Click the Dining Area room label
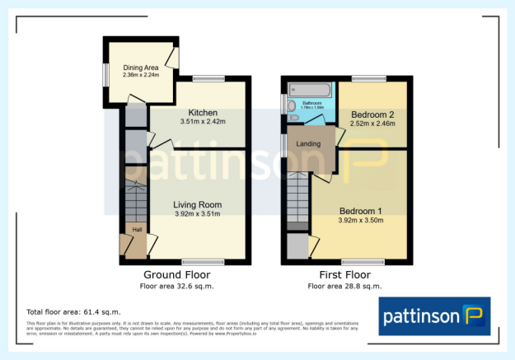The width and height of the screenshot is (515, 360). coord(140,68)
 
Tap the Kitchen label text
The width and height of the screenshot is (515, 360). coord(202,113)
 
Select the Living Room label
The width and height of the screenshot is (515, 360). coord(197,204)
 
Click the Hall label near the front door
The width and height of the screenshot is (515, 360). coord(138,230)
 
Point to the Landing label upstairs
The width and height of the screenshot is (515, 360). coord(309,145)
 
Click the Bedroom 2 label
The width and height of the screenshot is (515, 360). coord(372,115)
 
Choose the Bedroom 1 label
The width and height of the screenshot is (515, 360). coord(360,210)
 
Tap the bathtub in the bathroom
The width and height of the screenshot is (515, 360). coord(304,89)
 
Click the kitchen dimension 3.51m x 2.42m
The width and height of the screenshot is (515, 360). coord(202,123)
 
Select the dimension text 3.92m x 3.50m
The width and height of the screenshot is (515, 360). coord(360,220)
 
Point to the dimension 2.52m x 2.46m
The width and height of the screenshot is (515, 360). coord(372,124)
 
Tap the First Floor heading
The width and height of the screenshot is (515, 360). coord(344,274)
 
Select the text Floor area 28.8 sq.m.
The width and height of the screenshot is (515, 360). coord(344,286)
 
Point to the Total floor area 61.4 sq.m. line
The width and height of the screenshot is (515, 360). coord(73,312)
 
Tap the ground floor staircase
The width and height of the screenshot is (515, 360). coord(134,201)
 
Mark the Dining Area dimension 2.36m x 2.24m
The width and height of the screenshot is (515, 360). coord(140,76)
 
